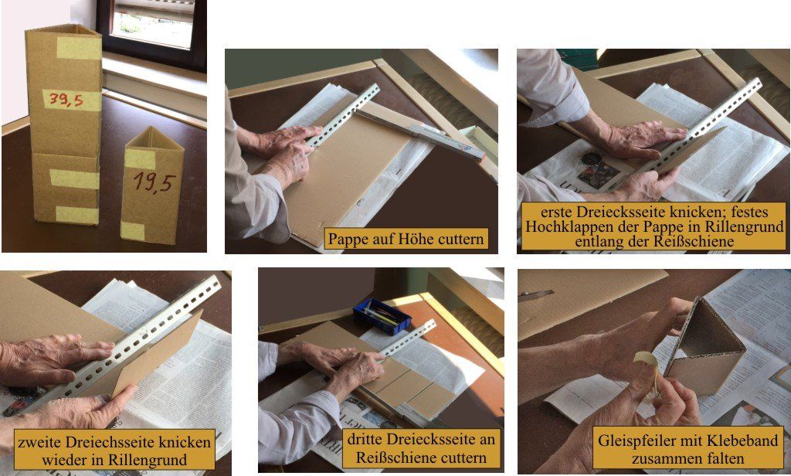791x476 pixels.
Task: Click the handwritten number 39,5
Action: [x=66, y=100]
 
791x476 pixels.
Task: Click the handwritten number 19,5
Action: [x=154, y=182]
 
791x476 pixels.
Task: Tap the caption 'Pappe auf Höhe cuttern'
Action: [x=406, y=239]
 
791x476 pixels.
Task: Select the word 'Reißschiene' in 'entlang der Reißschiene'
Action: [x=694, y=241]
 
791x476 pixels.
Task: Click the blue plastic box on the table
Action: [x=382, y=316]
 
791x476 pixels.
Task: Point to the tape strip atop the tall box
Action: [x=80, y=48]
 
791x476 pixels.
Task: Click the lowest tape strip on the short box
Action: [x=133, y=231]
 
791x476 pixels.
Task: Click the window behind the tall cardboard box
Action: [x=152, y=30]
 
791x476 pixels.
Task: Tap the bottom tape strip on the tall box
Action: [x=77, y=215]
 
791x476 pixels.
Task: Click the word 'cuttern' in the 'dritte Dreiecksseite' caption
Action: [x=462, y=457]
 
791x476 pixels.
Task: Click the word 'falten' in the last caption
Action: [x=724, y=459]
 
